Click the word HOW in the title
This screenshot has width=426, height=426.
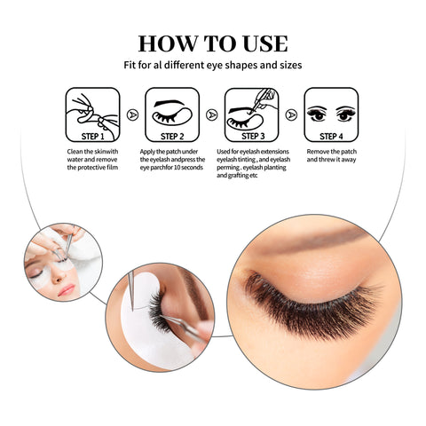[x=168, y=43]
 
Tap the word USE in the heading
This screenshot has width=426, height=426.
[x=265, y=43]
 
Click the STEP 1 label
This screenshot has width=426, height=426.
[x=92, y=137]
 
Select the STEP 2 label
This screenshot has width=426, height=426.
[x=172, y=137]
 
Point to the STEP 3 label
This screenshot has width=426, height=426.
[x=253, y=136]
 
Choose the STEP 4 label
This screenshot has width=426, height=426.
[x=331, y=137]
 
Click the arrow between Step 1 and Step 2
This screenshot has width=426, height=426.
[x=132, y=114]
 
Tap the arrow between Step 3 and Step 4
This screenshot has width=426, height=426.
[x=291, y=114]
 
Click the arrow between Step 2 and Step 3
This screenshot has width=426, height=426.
[x=212, y=114]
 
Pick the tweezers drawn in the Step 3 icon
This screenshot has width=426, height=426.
[x=262, y=100]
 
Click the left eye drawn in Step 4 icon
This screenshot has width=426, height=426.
[x=317, y=114]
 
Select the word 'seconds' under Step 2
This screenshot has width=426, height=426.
[x=192, y=168]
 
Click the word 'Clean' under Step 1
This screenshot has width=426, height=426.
[x=75, y=152]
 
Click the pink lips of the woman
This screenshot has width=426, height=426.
[x=66, y=289]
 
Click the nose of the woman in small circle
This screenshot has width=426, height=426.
[x=59, y=277]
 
